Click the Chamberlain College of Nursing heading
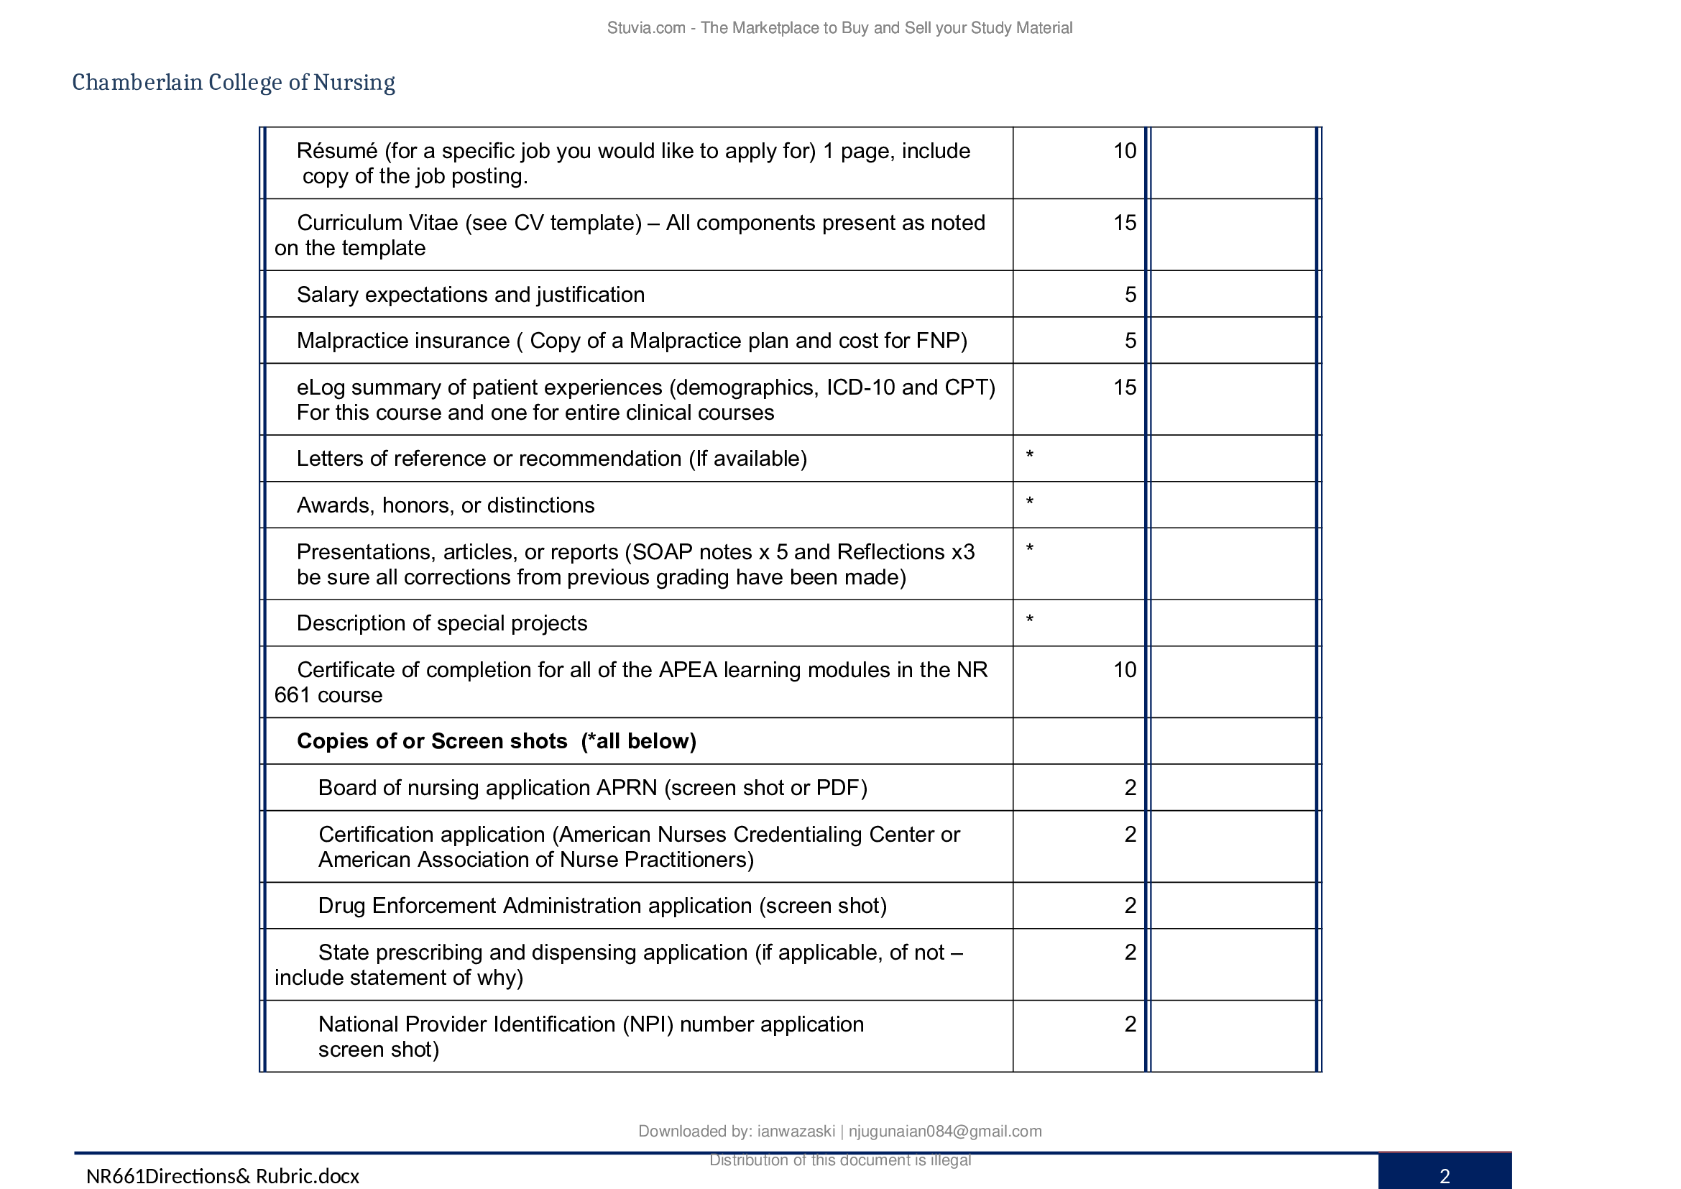click(x=234, y=82)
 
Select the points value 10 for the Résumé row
click(x=1125, y=151)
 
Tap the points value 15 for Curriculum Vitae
click(x=1125, y=223)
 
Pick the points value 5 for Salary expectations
click(x=1130, y=294)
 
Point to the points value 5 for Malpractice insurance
click(x=1130, y=341)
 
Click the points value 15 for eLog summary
click(x=1125, y=387)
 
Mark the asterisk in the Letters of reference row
click(x=1029, y=455)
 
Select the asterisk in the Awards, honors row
click(x=1029, y=502)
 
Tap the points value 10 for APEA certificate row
click(x=1125, y=670)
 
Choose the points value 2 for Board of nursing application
click(x=1130, y=788)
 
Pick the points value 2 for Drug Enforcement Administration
click(x=1130, y=906)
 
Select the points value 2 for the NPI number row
click(x=1130, y=1024)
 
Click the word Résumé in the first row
click(x=337, y=151)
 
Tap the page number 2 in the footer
click(x=1445, y=1176)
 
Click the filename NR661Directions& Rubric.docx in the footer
click(x=223, y=1176)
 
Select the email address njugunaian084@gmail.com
click(x=944, y=1131)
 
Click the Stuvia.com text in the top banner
click(x=646, y=28)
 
